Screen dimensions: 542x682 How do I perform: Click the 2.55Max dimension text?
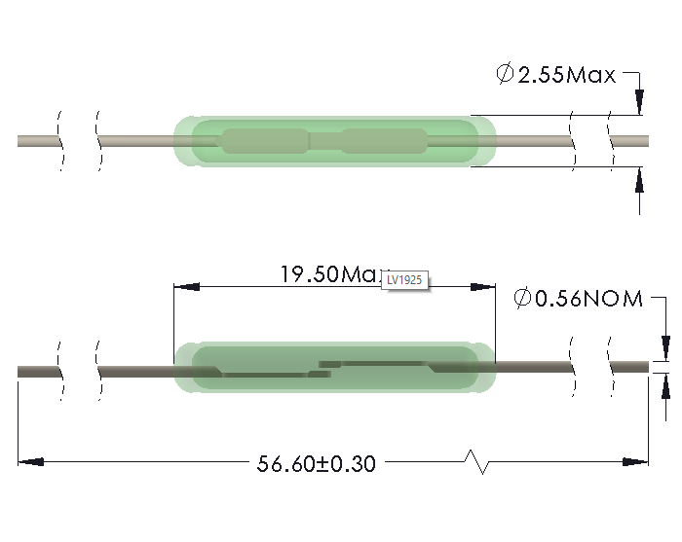point(567,75)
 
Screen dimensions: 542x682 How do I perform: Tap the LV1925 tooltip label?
point(404,280)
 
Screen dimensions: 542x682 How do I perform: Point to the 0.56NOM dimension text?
point(589,299)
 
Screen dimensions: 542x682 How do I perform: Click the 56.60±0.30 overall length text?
point(316,463)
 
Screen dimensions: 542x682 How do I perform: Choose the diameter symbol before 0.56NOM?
point(522,299)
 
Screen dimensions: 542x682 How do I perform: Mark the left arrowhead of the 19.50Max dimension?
point(185,287)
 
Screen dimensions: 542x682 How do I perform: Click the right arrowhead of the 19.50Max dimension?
point(483,287)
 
